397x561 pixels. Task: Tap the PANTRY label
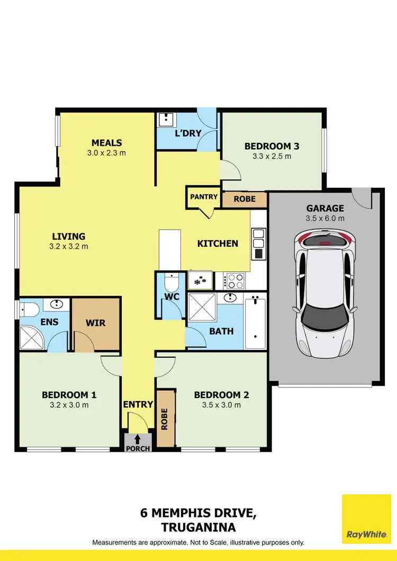click(204, 197)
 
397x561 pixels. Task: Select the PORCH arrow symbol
click(138, 439)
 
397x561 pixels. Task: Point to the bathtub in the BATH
click(255, 322)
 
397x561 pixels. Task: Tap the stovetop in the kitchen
click(233, 280)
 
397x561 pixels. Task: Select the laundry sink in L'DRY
click(167, 119)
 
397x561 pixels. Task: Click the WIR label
click(95, 323)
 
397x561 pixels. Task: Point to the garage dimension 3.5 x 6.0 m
click(325, 218)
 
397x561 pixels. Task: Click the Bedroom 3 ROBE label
click(244, 199)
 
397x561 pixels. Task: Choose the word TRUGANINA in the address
click(198, 527)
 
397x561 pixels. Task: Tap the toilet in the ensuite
click(30, 308)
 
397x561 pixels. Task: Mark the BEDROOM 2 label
click(221, 395)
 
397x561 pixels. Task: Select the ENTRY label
click(138, 404)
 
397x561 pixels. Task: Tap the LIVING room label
click(68, 237)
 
